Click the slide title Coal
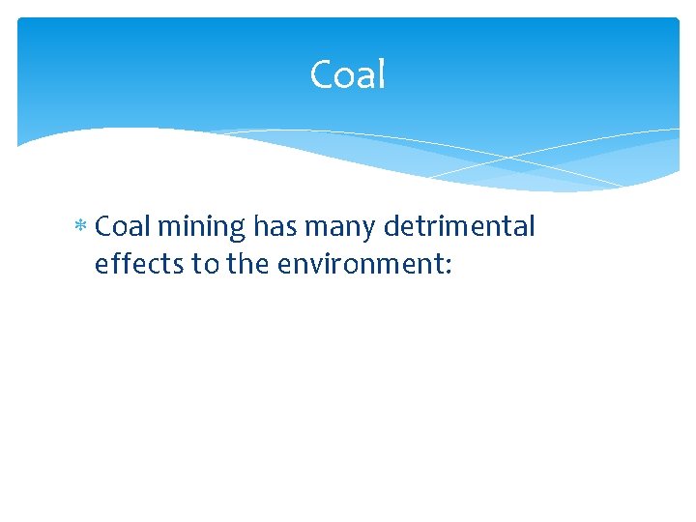click(347, 74)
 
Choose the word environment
click(360, 265)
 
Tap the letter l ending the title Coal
click(381, 73)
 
